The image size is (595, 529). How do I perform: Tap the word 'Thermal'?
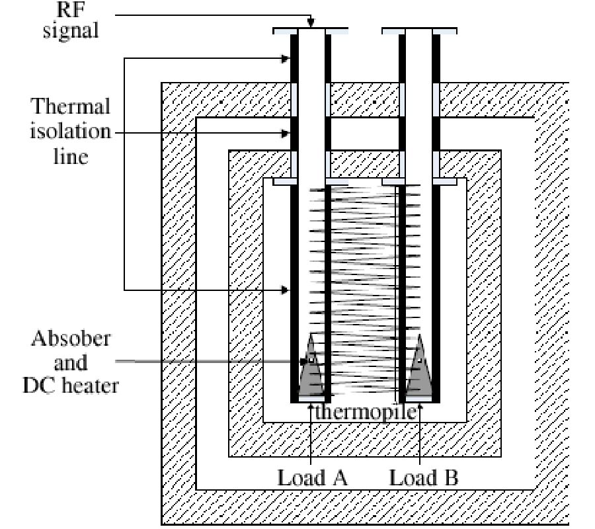(x=71, y=106)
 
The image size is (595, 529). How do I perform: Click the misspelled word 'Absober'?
(x=71, y=339)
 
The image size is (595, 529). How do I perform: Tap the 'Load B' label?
(x=423, y=477)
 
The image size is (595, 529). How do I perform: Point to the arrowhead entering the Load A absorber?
(x=304, y=361)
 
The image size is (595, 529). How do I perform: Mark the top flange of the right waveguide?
(x=419, y=30)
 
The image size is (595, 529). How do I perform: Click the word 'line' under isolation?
(x=71, y=157)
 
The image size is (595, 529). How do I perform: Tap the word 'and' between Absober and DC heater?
(x=71, y=362)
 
